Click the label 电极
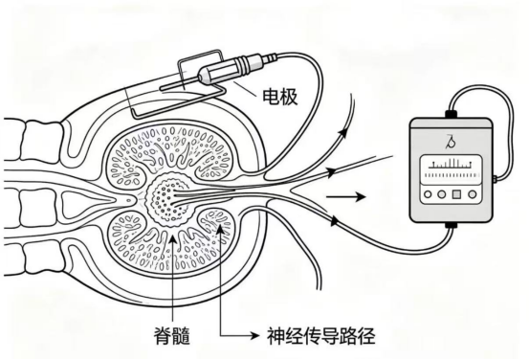click(x=280, y=97)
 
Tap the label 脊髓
click(x=172, y=336)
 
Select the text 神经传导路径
click(x=321, y=335)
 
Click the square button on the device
click(x=456, y=194)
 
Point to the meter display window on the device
click(x=452, y=169)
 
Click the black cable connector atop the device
click(x=451, y=114)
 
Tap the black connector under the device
click(x=451, y=225)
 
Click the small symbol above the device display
click(x=450, y=142)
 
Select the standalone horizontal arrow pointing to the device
click(x=346, y=196)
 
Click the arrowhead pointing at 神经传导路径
click(x=254, y=335)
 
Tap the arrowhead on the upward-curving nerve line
click(x=343, y=132)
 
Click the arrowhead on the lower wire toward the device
click(x=334, y=221)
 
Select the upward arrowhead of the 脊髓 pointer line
click(x=172, y=239)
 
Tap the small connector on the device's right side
click(x=495, y=179)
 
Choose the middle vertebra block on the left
click(x=38, y=207)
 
